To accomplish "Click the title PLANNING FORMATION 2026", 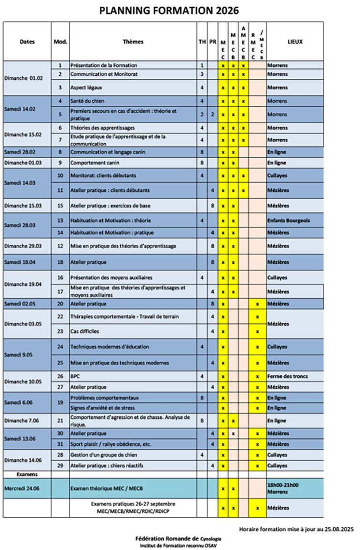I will (169, 10).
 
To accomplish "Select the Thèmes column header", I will (133, 42).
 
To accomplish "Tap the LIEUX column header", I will (295, 42).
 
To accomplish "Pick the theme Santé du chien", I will (88, 101).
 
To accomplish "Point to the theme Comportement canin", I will (94, 162).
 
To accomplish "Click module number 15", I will (60, 206).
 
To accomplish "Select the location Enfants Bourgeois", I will (288, 221).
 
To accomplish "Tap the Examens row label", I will (27, 474).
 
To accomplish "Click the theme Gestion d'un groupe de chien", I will (104, 455).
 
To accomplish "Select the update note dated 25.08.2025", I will (296, 529).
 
